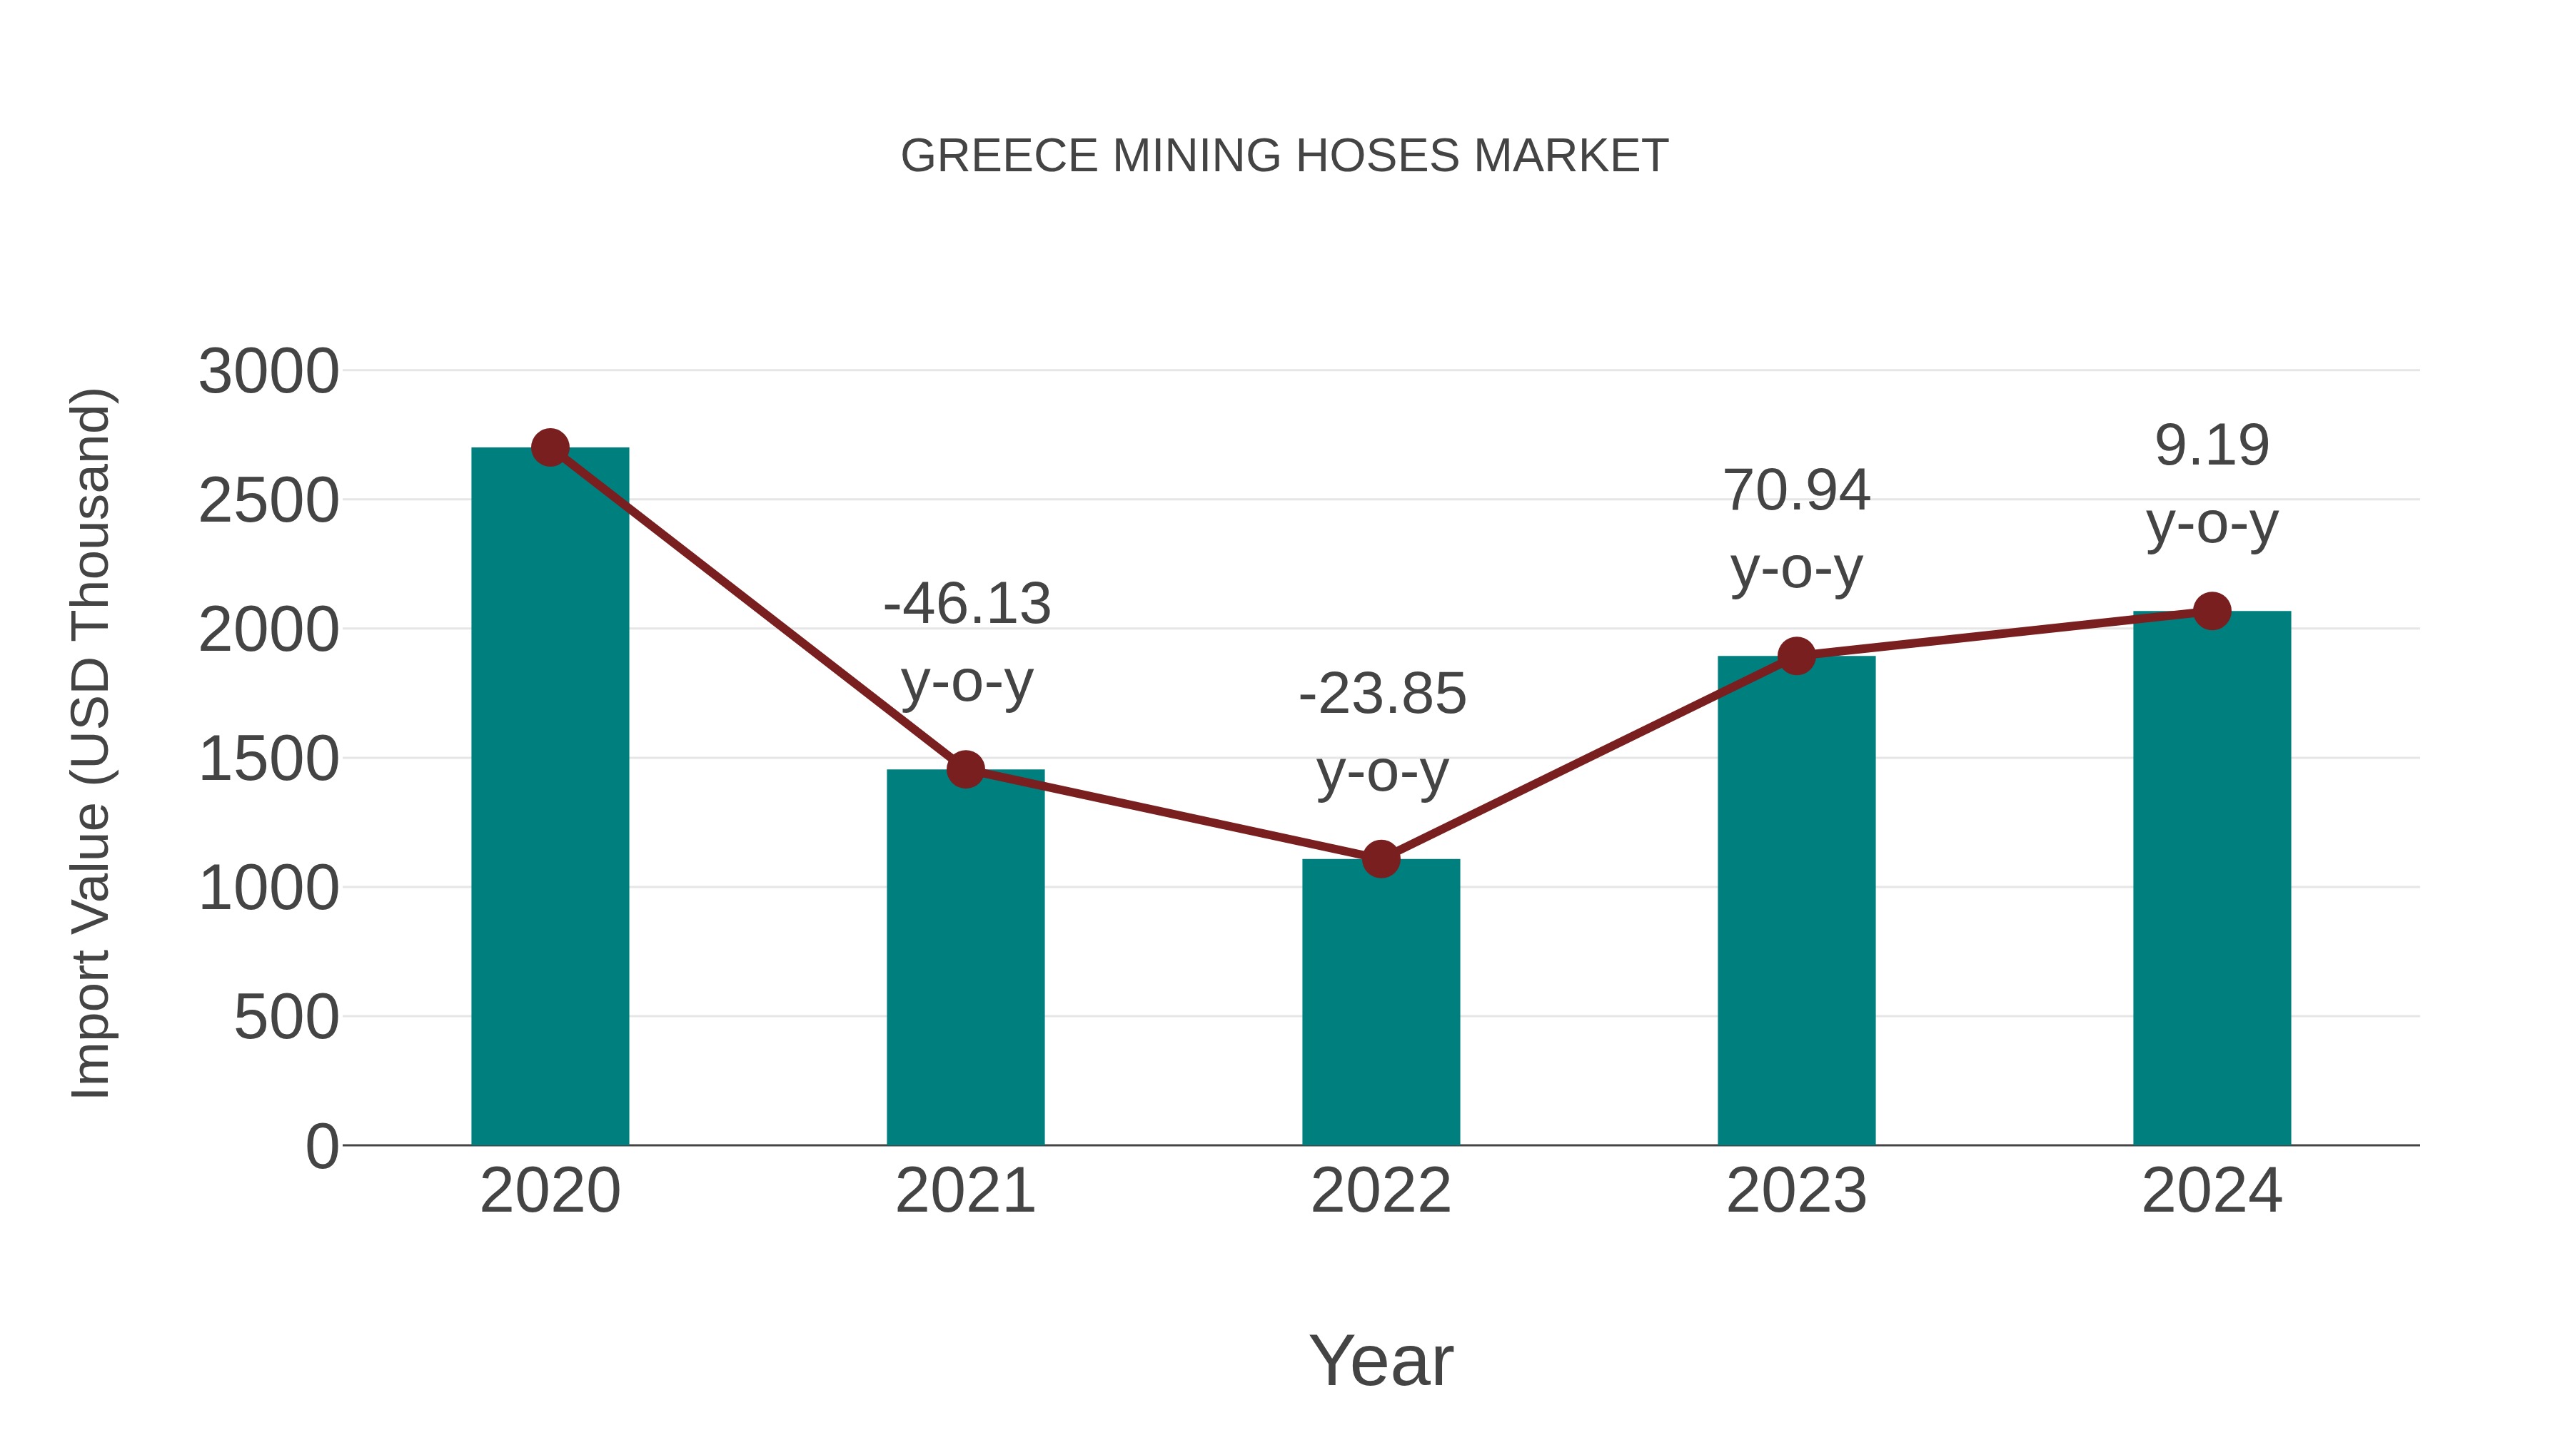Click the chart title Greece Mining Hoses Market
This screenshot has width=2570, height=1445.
(1284, 156)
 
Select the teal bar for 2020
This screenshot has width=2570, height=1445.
(550, 798)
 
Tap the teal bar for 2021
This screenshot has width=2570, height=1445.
(964, 958)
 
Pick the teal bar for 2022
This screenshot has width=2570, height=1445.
(1381, 1003)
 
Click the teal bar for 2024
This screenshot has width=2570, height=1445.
(2212, 878)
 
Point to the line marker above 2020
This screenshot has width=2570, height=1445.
(550, 447)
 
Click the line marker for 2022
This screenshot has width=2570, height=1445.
(1381, 858)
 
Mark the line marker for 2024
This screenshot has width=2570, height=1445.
(2212, 612)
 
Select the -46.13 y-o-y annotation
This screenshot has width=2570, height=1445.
(967, 643)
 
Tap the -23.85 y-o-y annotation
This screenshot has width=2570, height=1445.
(1382, 733)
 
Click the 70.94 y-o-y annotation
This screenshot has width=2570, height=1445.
(1796, 529)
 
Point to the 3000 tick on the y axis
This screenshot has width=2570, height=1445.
(268, 372)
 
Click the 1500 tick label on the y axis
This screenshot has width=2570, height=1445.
(268, 759)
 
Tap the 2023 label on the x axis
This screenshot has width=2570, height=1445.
(1796, 1191)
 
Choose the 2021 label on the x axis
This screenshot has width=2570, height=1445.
(964, 1191)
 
